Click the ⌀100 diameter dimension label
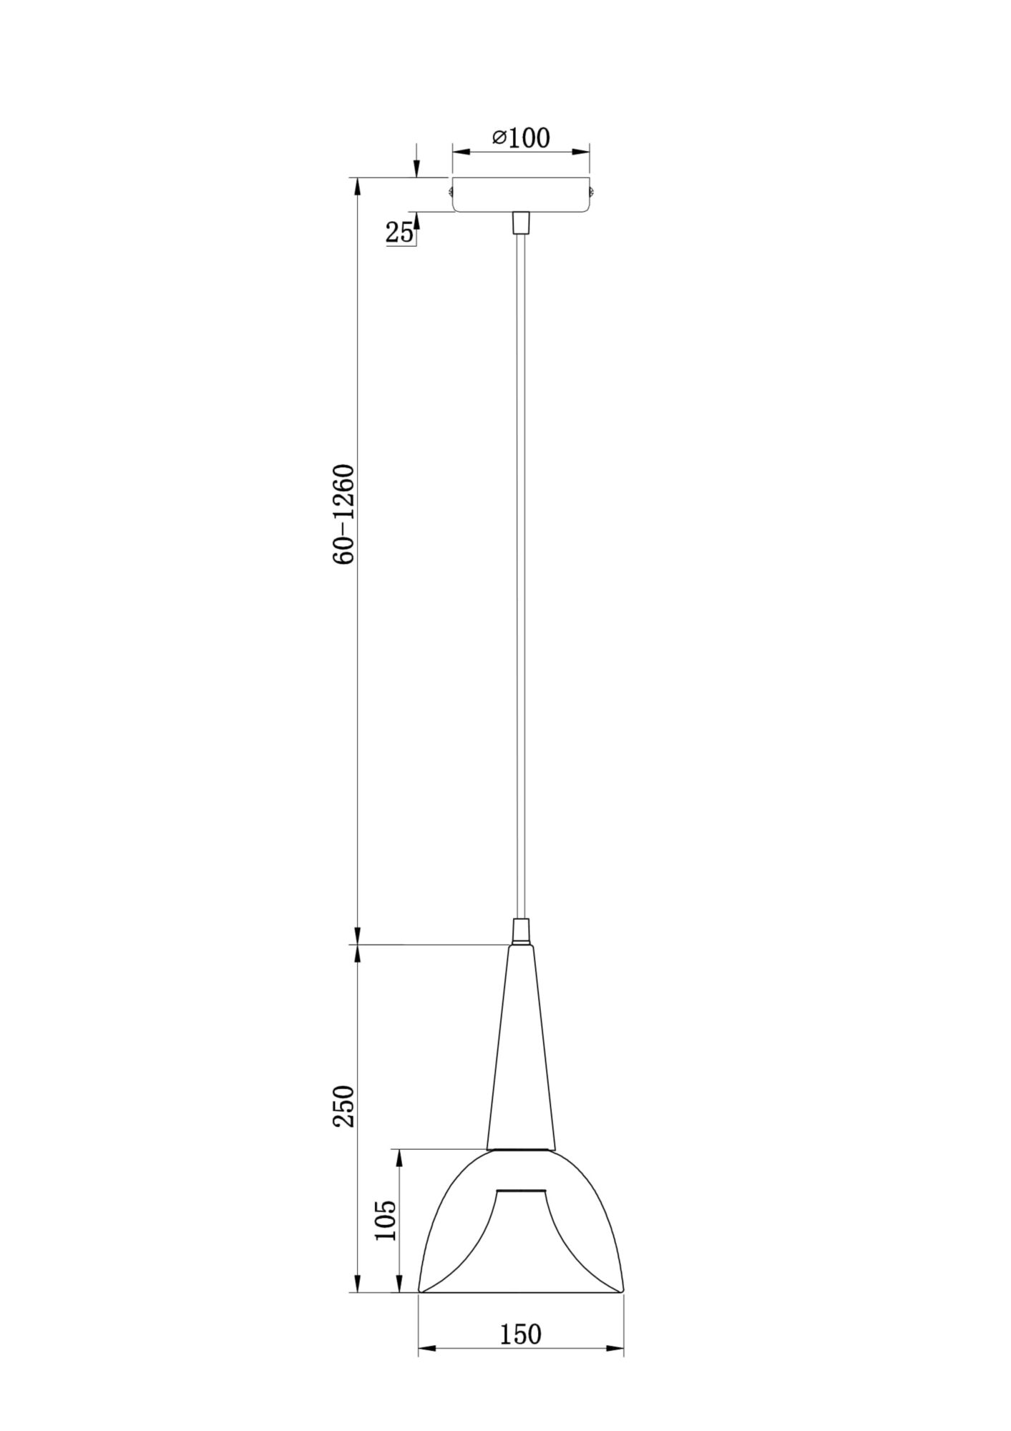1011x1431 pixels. [521, 137]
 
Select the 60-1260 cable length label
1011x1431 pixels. [344, 514]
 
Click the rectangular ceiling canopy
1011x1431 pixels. [520, 194]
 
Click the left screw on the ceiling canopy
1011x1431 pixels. [449, 191]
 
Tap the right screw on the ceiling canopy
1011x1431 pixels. [592, 191]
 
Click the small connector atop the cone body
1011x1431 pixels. [521, 932]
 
